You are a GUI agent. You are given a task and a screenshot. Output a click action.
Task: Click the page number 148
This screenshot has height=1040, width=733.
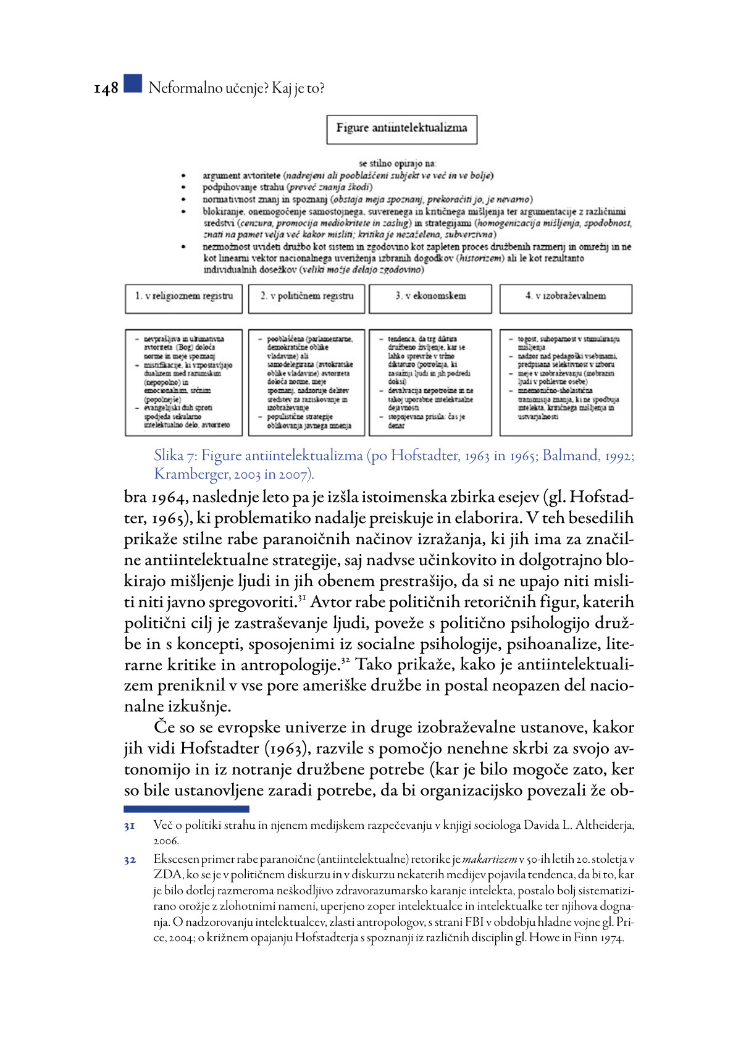(x=106, y=89)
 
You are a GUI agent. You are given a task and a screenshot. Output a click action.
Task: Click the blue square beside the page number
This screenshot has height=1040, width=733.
(x=132, y=84)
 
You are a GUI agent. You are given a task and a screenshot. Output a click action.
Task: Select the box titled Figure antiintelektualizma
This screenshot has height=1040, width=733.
(x=401, y=129)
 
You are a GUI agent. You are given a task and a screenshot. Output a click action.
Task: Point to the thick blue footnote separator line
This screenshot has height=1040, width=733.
(x=186, y=808)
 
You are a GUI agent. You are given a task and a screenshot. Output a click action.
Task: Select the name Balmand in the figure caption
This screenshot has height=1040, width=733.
(x=571, y=456)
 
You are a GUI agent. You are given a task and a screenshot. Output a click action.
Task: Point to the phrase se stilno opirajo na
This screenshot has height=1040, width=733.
(x=397, y=164)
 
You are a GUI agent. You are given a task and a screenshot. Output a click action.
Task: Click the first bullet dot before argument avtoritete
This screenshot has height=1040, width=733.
(x=183, y=176)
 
